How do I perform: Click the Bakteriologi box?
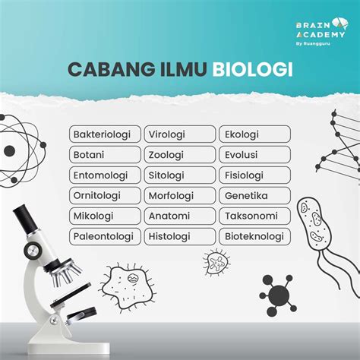tap(106, 134)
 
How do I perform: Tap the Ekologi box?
tap(254, 134)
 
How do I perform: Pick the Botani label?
tap(106, 155)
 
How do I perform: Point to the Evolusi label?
tap(254, 155)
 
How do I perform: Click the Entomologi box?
tap(106, 175)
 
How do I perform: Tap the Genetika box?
tap(254, 196)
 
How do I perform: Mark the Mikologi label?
tap(106, 216)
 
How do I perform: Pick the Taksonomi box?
tap(254, 216)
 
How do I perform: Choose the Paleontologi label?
tap(106, 236)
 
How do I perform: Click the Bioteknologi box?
tap(254, 236)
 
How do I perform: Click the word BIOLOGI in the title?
tap(252, 69)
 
